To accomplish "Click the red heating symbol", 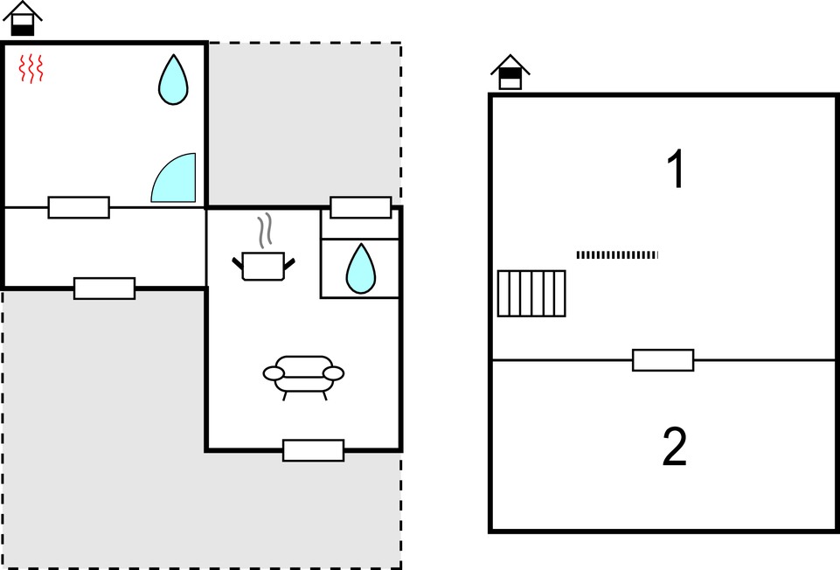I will click(x=31, y=69).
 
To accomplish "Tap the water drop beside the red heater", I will click(x=173, y=80).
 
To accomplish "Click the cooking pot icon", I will click(x=263, y=266).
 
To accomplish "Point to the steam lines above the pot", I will click(x=265, y=233).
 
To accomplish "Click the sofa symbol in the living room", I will click(x=303, y=374).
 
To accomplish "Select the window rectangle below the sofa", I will click(x=313, y=450).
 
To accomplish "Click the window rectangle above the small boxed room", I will click(x=360, y=207).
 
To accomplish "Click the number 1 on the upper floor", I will click(x=675, y=170).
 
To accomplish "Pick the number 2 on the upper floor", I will click(x=675, y=448).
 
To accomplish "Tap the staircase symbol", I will click(x=531, y=293).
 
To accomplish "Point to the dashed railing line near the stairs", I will click(x=617, y=254).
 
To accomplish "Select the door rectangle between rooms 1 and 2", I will click(x=663, y=360).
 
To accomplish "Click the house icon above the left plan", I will click(x=23, y=18).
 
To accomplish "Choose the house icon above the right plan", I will click(x=510, y=72).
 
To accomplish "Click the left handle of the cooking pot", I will click(x=237, y=261).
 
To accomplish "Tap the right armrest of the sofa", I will click(x=333, y=373).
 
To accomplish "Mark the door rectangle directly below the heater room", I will click(x=79, y=207).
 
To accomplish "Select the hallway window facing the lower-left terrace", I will click(x=104, y=288).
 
